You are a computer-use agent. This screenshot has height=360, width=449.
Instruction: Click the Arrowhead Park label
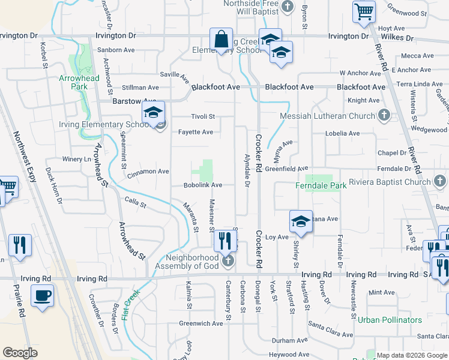pyautogui.click(x=73, y=82)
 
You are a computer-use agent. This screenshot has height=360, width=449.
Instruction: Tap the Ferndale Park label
pyautogui.click(x=321, y=186)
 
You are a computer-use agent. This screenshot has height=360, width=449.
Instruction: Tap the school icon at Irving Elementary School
pyautogui.click(x=153, y=112)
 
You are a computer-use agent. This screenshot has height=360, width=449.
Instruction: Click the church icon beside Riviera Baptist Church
pyautogui.click(x=440, y=181)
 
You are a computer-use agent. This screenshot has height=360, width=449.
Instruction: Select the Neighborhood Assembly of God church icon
pyautogui.click(x=228, y=261)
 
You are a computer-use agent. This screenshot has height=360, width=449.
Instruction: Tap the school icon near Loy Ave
pyautogui.click(x=301, y=222)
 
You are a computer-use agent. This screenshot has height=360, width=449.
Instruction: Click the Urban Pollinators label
pyautogui.click(x=390, y=320)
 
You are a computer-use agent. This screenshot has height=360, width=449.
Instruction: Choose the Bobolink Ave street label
pyautogui.click(x=203, y=185)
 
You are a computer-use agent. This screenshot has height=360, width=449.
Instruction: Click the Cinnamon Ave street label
pyautogui.click(x=148, y=172)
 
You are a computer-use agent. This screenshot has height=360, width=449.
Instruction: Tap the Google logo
pyautogui.click(x=20, y=353)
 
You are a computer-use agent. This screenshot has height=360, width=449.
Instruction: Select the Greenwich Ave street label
pyautogui.click(x=201, y=323)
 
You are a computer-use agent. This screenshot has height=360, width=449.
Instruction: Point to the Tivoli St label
pyautogui.click(x=202, y=116)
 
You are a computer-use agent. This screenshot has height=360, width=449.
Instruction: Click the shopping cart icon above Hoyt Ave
pyautogui.click(x=364, y=10)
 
